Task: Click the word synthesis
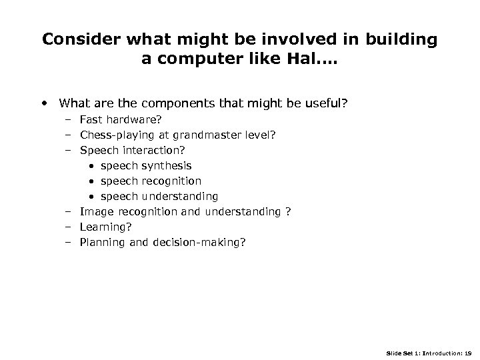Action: (167, 165)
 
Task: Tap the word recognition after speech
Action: (171, 181)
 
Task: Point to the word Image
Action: (97, 211)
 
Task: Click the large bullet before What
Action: (44, 103)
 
